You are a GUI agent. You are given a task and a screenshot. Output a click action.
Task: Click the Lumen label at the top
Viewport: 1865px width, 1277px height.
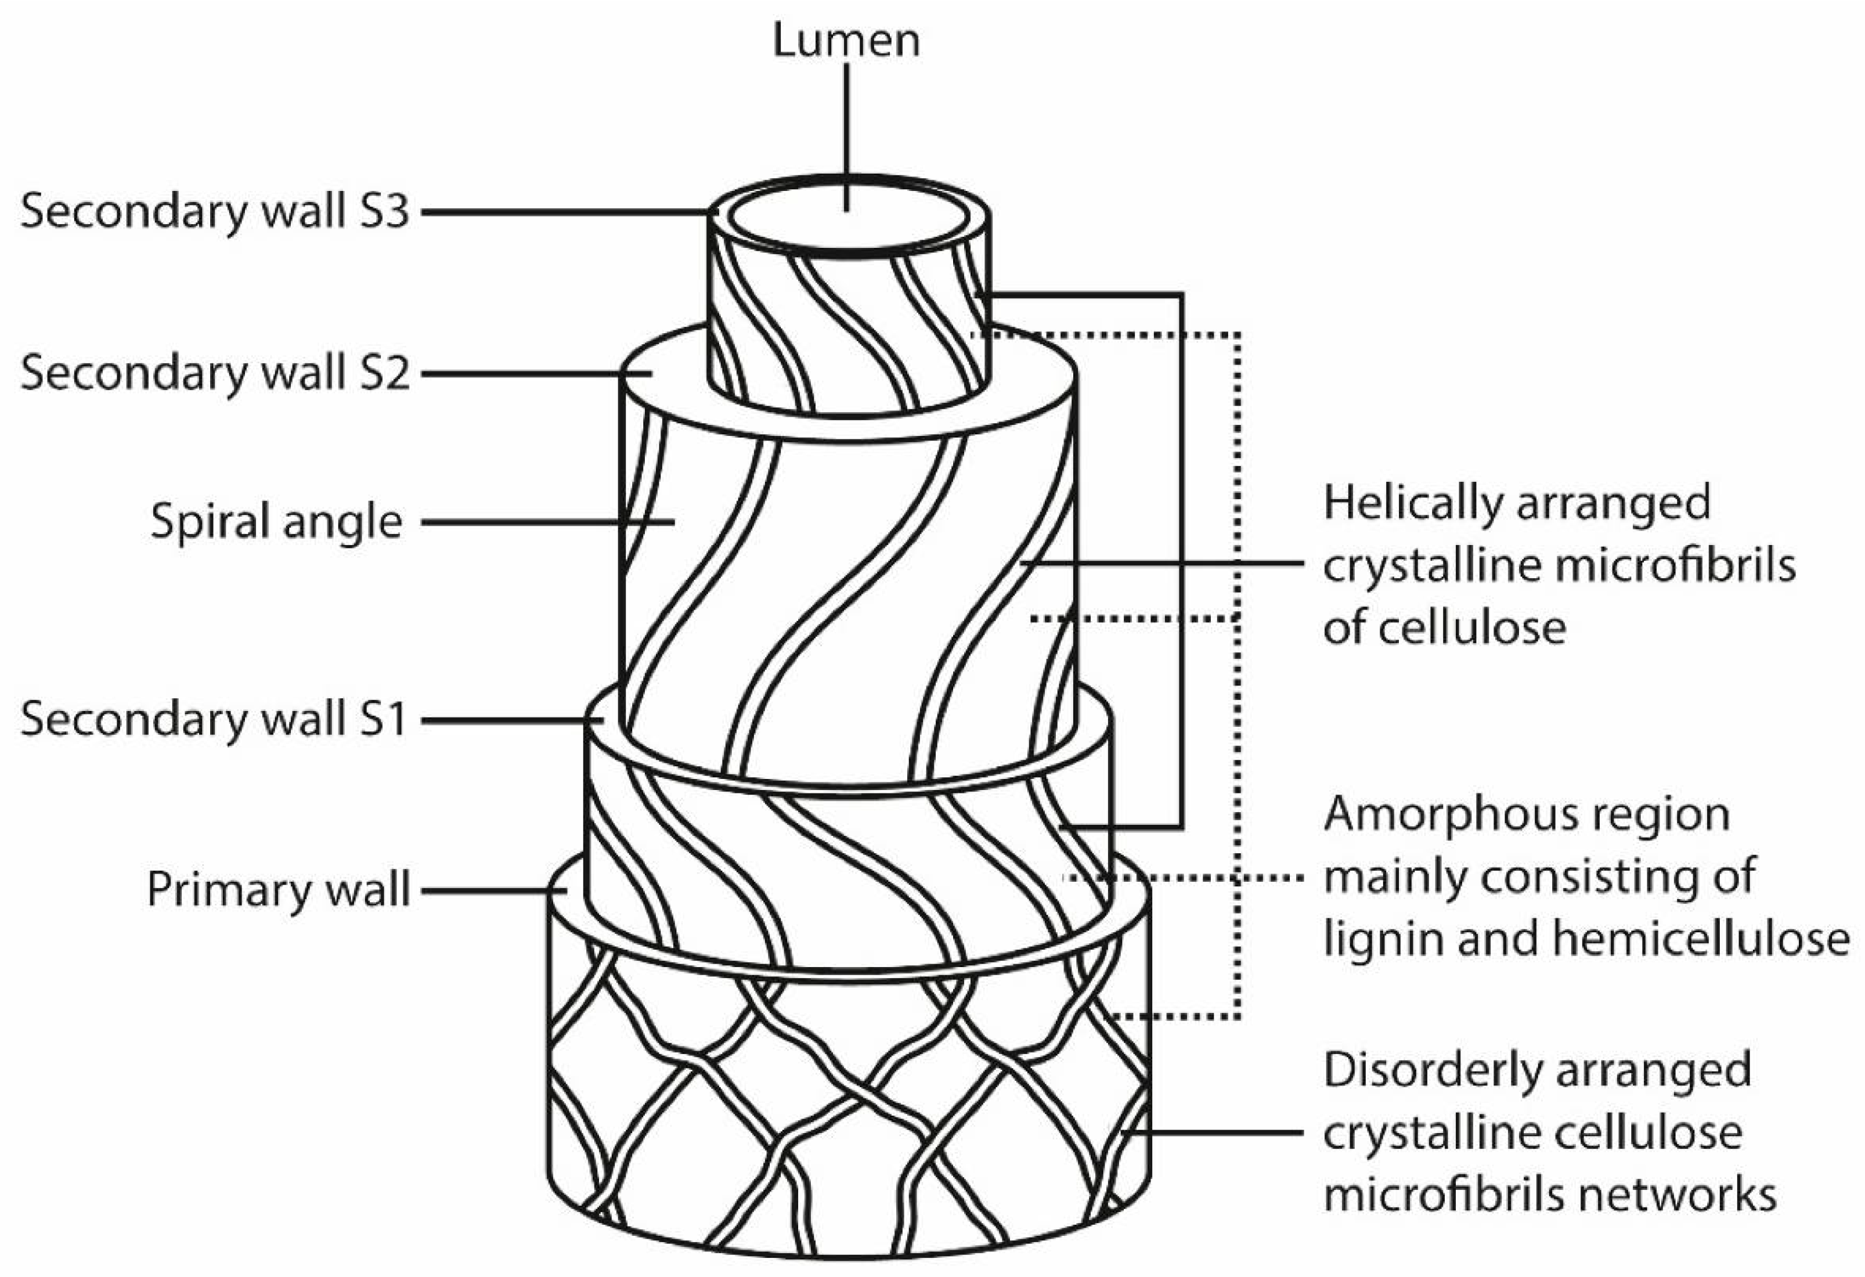tap(846, 40)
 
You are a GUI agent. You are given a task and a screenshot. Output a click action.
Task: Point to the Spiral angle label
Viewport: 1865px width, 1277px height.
tap(276, 522)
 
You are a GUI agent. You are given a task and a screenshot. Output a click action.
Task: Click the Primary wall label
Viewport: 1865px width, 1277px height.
tap(277, 889)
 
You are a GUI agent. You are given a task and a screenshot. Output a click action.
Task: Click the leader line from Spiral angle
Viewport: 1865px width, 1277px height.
tap(546, 522)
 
